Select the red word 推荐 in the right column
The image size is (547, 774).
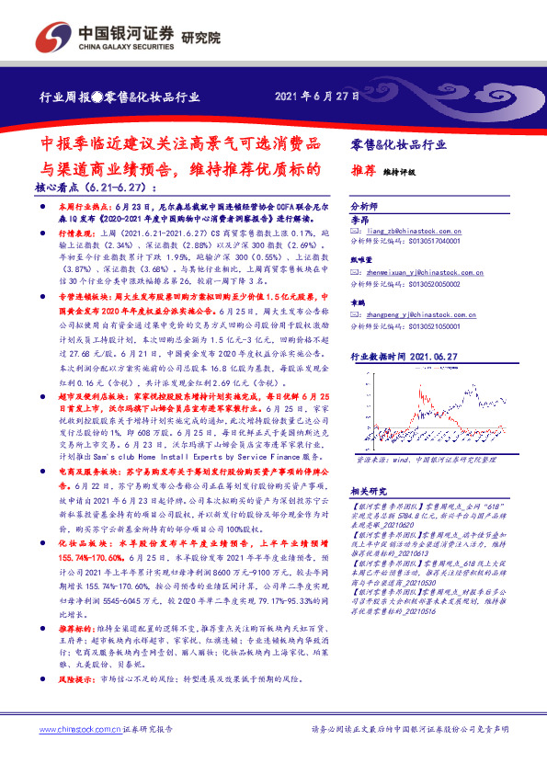(x=363, y=170)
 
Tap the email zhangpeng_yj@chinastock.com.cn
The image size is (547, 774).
(x=426, y=314)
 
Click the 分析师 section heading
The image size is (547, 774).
(x=365, y=206)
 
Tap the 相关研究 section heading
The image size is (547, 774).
(x=370, y=491)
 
